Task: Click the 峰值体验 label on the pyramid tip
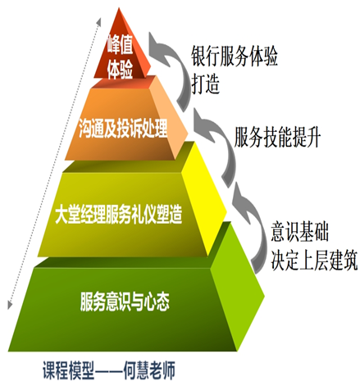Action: click(120, 57)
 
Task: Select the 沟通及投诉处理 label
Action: click(123, 128)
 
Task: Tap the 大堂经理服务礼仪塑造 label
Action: click(118, 215)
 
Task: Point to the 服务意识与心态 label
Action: click(125, 302)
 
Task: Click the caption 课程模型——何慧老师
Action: click(108, 370)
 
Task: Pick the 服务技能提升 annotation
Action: click(277, 137)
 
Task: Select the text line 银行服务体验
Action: click(235, 57)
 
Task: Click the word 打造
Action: click(205, 84)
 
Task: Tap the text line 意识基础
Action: click(300, 232)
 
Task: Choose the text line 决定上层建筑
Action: click(314, 260)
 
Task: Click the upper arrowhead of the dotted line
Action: click(98, 22)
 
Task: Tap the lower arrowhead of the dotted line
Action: click(10, 305)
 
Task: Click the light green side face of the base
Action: click(236, 287)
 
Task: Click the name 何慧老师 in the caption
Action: click(149, 370)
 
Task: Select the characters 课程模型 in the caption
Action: click(68, 370)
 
